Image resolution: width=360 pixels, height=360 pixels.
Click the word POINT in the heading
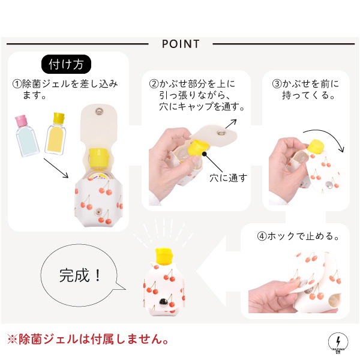coord(181,44)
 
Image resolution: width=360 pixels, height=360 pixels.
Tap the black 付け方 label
coord(66,64)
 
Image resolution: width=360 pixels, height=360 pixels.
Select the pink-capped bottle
coord(26,136)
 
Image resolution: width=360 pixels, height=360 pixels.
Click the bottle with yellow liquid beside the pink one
coord(56,134)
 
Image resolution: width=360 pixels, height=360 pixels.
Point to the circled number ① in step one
coord(17,84)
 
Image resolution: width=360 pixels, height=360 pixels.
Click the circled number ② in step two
coord(154,84)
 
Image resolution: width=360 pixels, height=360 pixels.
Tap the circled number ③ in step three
coord(277,84)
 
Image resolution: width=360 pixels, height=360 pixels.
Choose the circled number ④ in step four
coord(262,236)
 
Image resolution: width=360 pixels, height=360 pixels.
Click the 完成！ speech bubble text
coord(80,275)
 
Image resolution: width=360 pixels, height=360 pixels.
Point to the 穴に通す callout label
coord(229,178)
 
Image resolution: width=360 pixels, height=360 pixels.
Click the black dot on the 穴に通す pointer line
coord(205,154)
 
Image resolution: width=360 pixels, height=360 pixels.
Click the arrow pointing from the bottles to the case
coord(56,168)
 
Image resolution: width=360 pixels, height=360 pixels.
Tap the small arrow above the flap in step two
coord(231,124)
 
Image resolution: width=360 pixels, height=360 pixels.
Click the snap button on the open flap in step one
coord(100,112)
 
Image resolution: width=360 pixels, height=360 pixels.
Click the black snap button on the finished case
coord(163,301)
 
